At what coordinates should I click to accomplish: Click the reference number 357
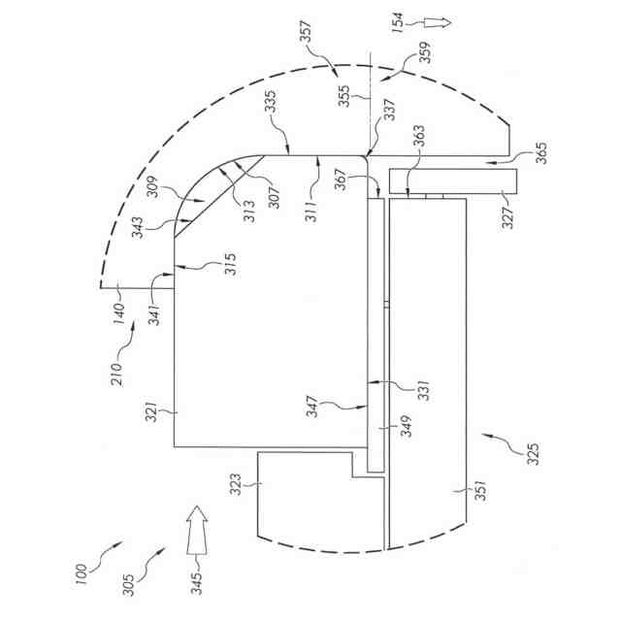click(x=306, y=32)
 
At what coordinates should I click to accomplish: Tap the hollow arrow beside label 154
click(x=438, y=22)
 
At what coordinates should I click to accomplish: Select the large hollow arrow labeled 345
click(x=197, y=530)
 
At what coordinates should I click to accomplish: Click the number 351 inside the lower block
click(x=480, y=490)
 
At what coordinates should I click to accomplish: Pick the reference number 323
click(x=235, y=483)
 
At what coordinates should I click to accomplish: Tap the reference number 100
click(x=81, y=575)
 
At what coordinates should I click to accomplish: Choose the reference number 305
click(x=129, y=585)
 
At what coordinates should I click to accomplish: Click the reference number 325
click(x=534, y=454)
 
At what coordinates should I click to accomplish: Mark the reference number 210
click(x=117, y=375)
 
